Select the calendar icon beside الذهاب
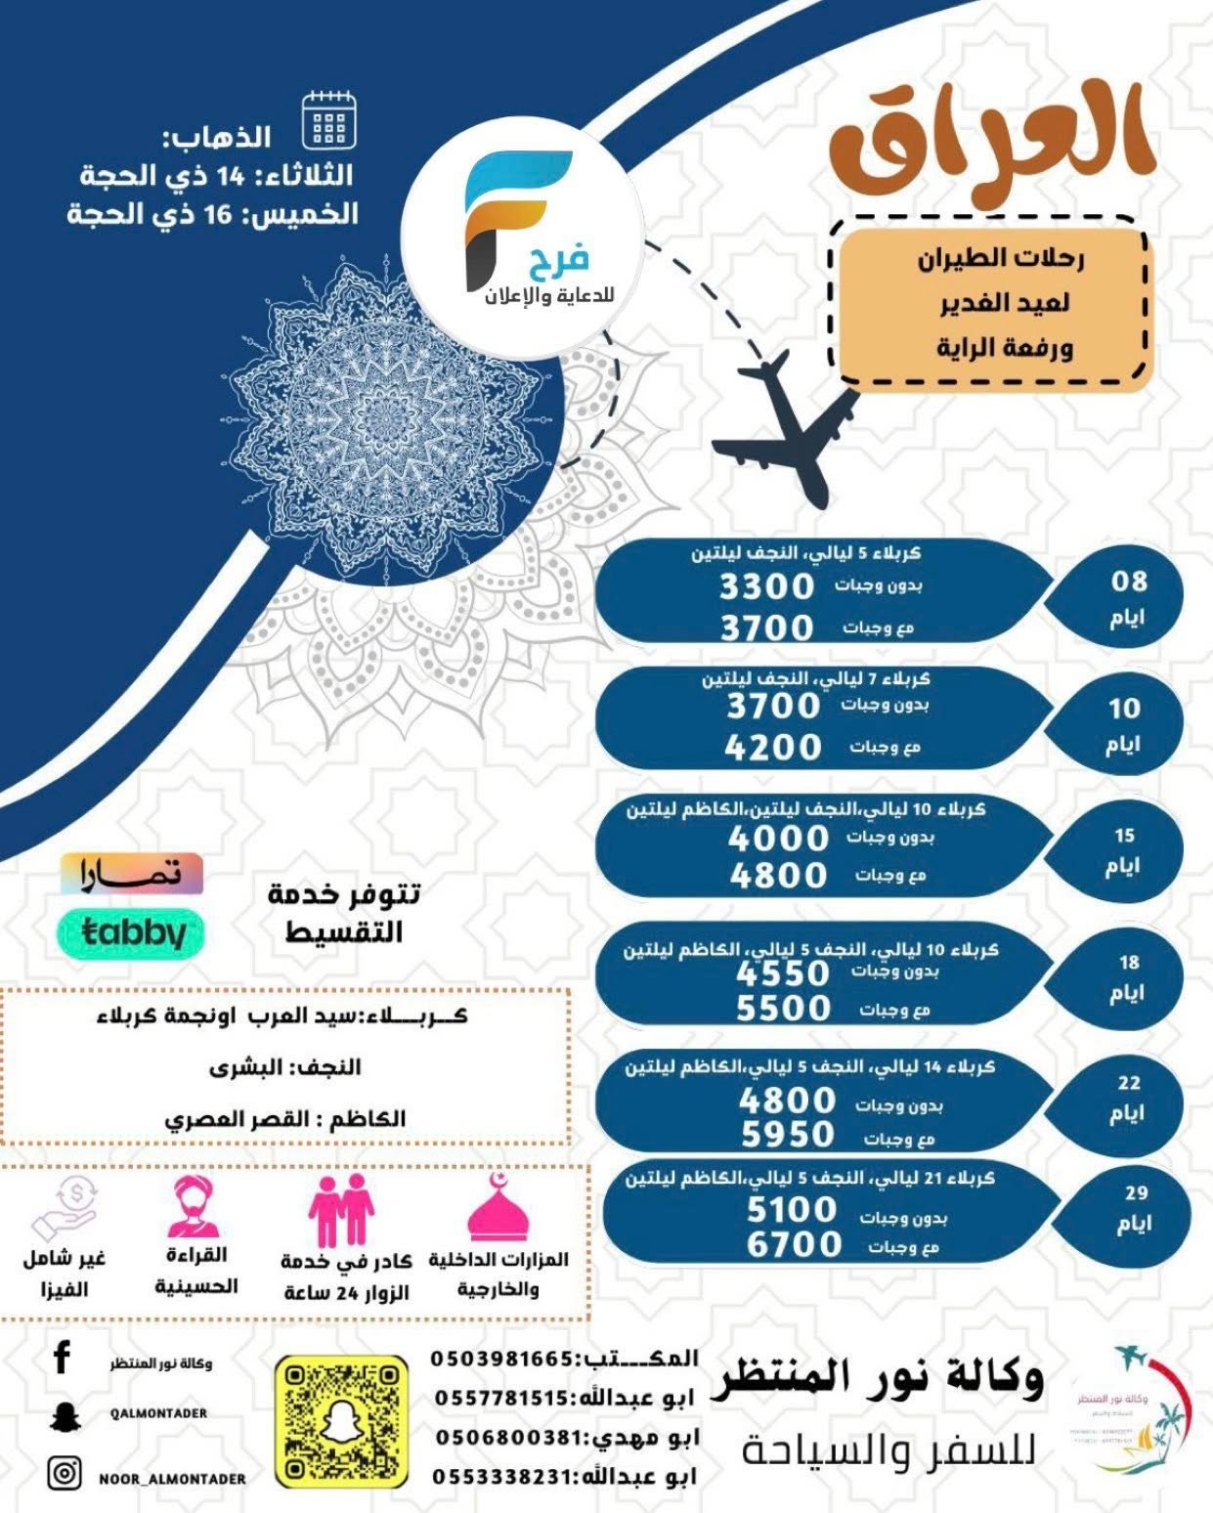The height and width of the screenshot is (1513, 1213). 329,121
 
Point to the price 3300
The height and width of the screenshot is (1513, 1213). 766,586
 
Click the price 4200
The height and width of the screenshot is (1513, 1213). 773,748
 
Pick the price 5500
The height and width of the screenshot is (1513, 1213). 783,1008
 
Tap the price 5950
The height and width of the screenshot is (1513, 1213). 787,1135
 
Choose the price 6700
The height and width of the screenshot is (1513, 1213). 794,1244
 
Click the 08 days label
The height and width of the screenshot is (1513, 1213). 1128,598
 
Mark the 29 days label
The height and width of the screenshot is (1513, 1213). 1135,1208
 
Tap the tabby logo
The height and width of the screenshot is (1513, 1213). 133,933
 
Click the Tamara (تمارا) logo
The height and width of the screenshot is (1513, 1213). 132,873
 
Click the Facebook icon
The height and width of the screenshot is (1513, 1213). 63,1358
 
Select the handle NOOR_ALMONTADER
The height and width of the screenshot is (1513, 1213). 172,1479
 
